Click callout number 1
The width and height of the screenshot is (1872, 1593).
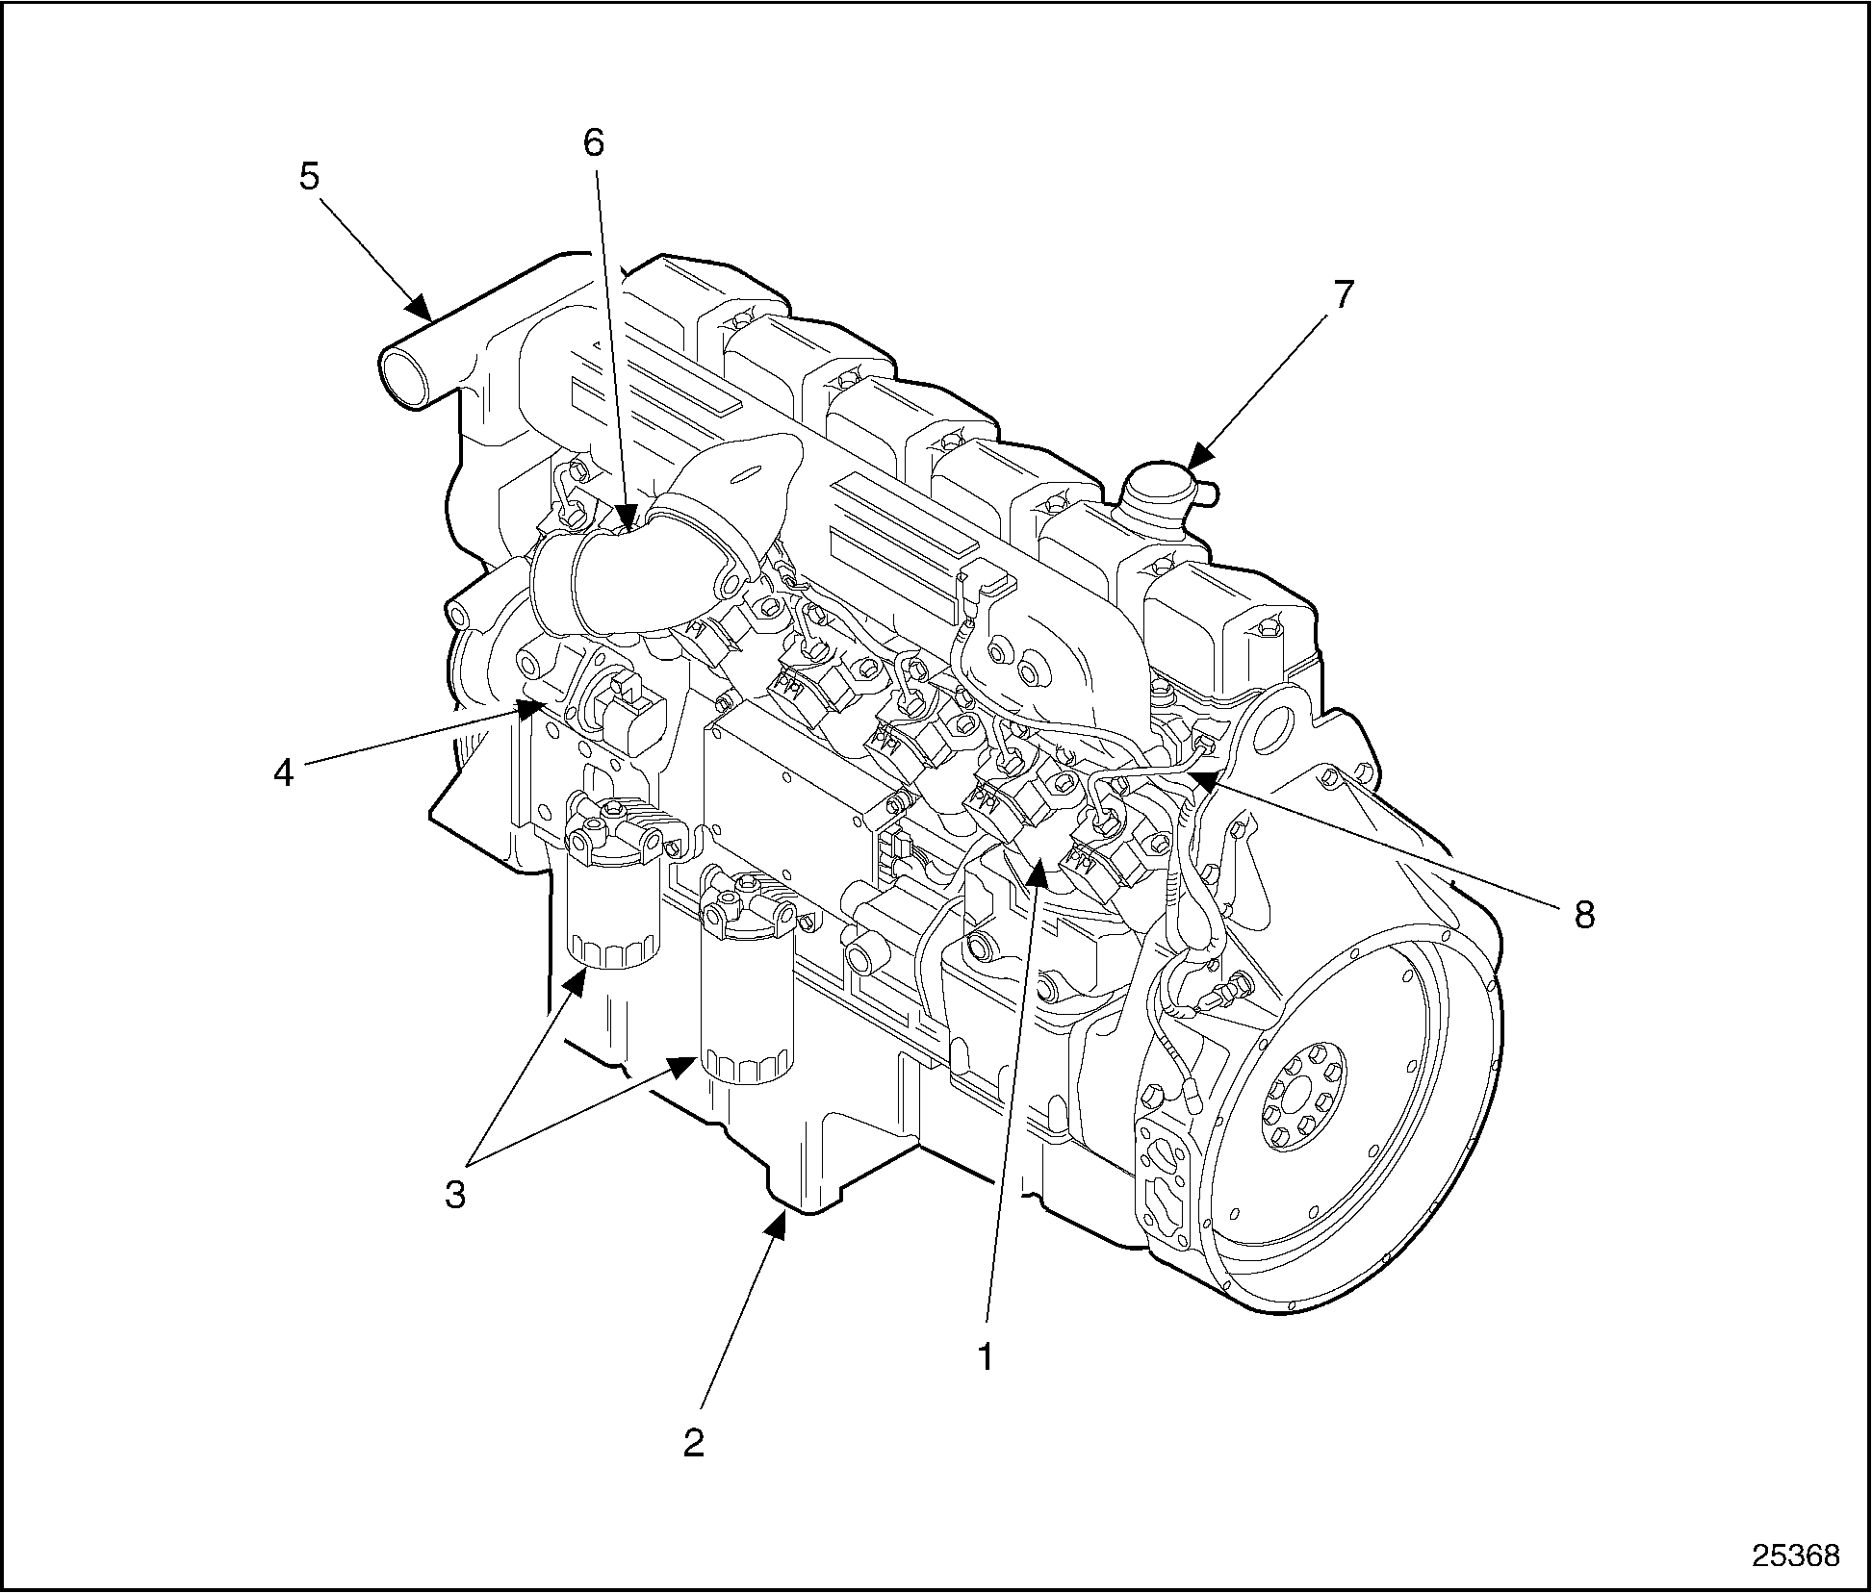(x=985, y=1356)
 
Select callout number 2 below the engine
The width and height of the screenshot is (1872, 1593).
(x=694, y=1470)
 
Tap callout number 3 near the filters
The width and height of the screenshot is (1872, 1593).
(x=454, y=1195)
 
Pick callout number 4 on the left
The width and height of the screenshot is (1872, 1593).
(x=283, y=772)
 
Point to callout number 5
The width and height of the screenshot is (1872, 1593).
(x=309, y=178)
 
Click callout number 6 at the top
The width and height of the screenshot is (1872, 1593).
(x=594, y=142)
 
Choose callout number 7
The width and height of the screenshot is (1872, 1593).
(x=1343, y=294)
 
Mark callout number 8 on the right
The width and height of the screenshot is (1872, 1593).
(x=1584, y=915)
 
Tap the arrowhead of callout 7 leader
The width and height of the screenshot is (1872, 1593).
(x=1197, y=460)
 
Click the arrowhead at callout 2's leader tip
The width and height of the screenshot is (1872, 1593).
(x=781, y=1223)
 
